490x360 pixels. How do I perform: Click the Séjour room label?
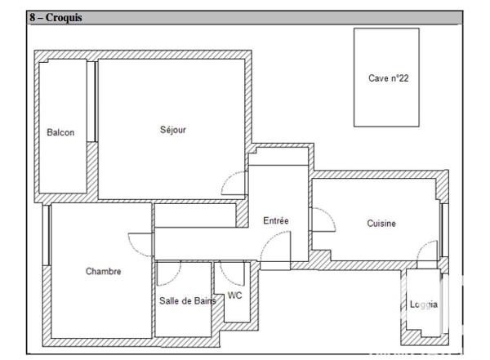pyautogui.click(x=173, y=130)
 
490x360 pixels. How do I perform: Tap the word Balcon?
pyautogui.click(x=60, y=132)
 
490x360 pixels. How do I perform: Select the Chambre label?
pyautogui.click(x=103, y=272)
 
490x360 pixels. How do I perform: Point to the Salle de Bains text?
pyautogui.click(x=187, y=300)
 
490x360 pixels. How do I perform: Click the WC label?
pyautogui.click(x=235, y=296)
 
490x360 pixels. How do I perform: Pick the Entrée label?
pyautogui.click(x=276, y=220)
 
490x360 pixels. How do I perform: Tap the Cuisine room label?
pyautogui.click(x=381, y=223)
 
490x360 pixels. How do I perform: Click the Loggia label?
pyautogui.click(x=423, y=305)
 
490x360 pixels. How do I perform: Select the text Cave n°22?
pyautogui.click(x=388, y=78)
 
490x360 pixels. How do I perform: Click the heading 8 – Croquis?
pyautogui.click(x=56, y=17)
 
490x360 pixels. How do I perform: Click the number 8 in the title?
pyautogui.click(x=32, y=17)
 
